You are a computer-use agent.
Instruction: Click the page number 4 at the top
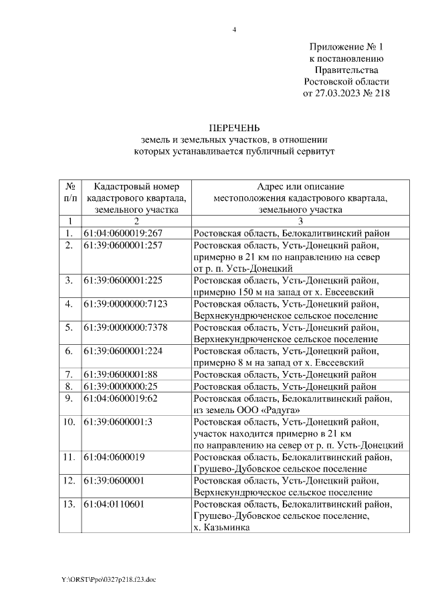(234, 29)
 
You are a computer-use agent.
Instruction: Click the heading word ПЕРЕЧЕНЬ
(234, 127)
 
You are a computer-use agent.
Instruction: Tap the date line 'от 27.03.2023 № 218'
(346, 93)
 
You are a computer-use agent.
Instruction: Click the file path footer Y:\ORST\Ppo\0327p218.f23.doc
(108, 579)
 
